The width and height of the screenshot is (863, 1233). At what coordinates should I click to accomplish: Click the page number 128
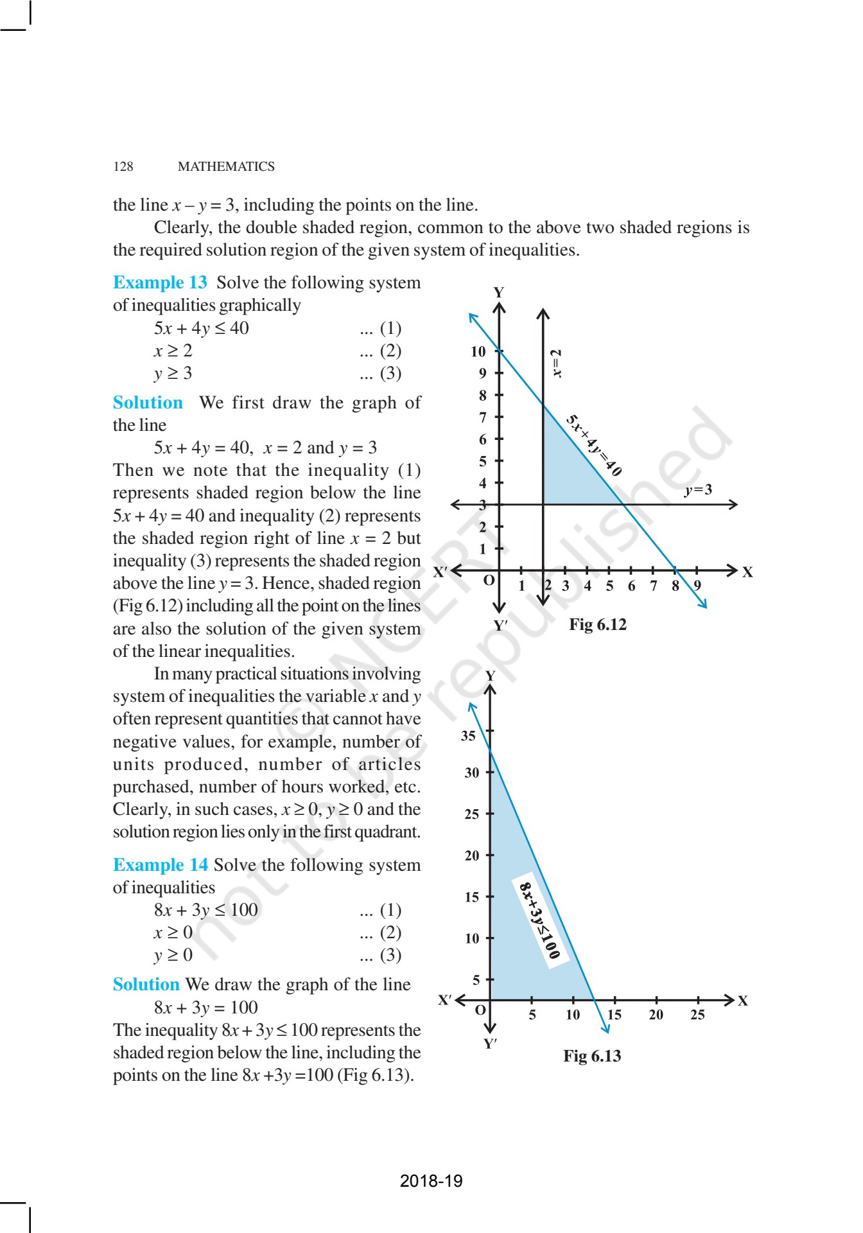(x=123, y=166)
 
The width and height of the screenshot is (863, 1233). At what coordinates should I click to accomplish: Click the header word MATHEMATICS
(x=226, y=166)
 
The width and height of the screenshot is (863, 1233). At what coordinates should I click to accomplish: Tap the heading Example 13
(x=160, y=283)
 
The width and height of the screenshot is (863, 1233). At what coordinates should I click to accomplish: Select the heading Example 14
(x=160, y=865)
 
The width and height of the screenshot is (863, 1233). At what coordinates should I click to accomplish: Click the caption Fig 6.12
(x=597, y=625)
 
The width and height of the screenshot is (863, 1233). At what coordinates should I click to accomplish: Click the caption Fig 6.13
(x=591, y=1056)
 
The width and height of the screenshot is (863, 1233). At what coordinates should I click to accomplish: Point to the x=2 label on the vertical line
(x=557, y=363)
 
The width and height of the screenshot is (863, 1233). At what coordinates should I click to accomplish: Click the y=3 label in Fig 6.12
(x=698, y=490)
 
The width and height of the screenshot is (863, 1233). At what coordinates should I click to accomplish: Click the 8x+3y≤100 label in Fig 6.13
(x=539, y=921)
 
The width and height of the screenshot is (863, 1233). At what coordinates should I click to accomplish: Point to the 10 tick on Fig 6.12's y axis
(x=478, y=351)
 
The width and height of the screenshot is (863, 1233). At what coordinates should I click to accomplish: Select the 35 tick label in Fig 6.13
(x=468, y=736)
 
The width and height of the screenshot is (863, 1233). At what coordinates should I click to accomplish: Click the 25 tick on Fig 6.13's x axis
(x=697, y=1015)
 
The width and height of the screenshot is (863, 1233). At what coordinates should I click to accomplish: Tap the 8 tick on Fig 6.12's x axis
(x=675, y=586)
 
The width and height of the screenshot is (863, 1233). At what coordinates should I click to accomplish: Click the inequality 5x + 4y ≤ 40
(x=201, y=328)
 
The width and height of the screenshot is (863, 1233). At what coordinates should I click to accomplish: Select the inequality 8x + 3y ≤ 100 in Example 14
(x=205, y=910)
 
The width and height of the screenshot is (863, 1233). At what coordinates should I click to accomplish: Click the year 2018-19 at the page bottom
(x=431, y=1181)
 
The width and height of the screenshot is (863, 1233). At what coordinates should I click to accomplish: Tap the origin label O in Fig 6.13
(x=480, y=1010)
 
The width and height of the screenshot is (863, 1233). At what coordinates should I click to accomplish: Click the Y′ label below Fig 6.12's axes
(x=500, y=625)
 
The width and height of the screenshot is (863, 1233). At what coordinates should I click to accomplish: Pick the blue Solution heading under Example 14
(x=146, y=984)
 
